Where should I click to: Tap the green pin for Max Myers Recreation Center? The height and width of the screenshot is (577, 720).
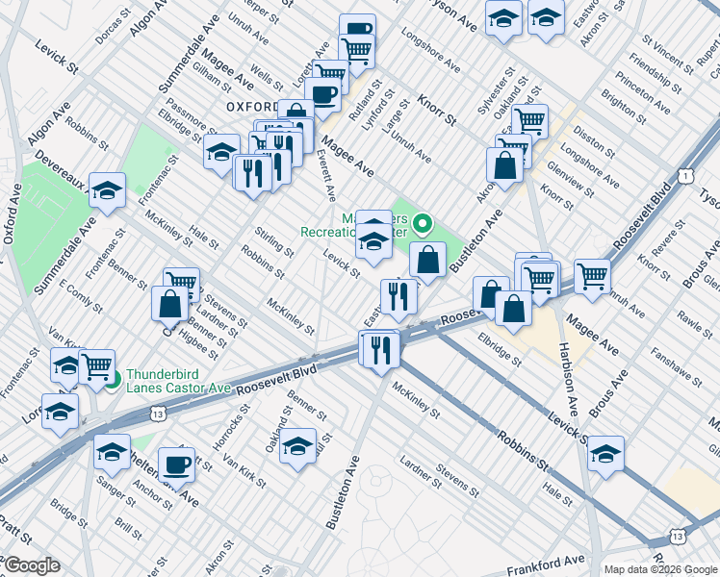tap(424, 226)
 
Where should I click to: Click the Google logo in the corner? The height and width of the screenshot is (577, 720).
tap(31, 565)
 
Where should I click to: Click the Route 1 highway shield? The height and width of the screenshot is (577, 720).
tap(684, 176)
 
